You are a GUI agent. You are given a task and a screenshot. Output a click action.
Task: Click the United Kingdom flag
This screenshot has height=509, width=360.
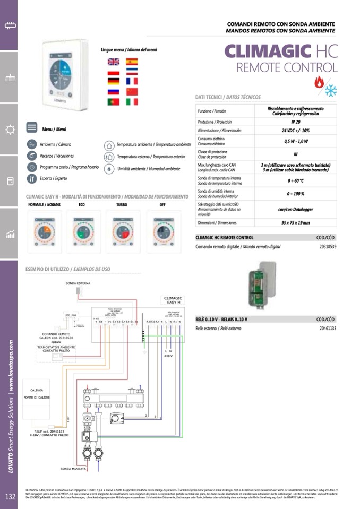point(113,62)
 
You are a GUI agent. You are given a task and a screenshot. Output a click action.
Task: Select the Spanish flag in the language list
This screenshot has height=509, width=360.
point(132,62)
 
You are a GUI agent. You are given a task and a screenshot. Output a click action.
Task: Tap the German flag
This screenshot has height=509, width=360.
point(113,81)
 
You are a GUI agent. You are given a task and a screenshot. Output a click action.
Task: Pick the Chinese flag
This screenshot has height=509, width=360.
point(132,91)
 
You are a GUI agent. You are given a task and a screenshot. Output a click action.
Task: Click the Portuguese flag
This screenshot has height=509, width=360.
point(113,101)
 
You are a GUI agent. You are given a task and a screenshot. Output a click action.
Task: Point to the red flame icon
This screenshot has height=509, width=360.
point(319,82)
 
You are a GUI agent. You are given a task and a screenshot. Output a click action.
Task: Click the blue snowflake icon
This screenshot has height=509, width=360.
point(331,90)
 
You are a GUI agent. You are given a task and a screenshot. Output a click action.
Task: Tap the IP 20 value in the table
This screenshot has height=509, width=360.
point(295,122)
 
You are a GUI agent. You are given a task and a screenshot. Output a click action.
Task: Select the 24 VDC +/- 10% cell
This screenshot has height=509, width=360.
point(295,130)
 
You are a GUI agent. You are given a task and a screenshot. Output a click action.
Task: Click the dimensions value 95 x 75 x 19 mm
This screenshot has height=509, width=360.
point(295,223)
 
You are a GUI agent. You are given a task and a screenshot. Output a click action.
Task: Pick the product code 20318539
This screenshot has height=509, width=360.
point(328,247)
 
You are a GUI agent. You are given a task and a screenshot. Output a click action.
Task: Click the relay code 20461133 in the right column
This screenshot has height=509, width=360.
point(328,329)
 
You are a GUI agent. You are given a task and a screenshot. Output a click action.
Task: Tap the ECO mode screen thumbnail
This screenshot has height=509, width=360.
point(83,229)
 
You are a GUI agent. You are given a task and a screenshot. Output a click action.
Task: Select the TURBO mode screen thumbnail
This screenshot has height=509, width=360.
point(123,229)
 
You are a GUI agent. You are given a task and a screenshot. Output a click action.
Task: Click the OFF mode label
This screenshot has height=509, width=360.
point(162,204)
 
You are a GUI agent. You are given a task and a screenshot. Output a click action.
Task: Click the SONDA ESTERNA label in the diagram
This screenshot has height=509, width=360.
point(78,283)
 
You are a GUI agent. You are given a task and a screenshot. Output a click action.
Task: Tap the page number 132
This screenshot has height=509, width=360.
point(10,497)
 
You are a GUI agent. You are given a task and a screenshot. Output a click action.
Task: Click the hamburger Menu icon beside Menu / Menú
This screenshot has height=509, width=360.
point(32,128)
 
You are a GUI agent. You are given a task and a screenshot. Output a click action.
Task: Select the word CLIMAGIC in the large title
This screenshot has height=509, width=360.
point(268,51)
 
